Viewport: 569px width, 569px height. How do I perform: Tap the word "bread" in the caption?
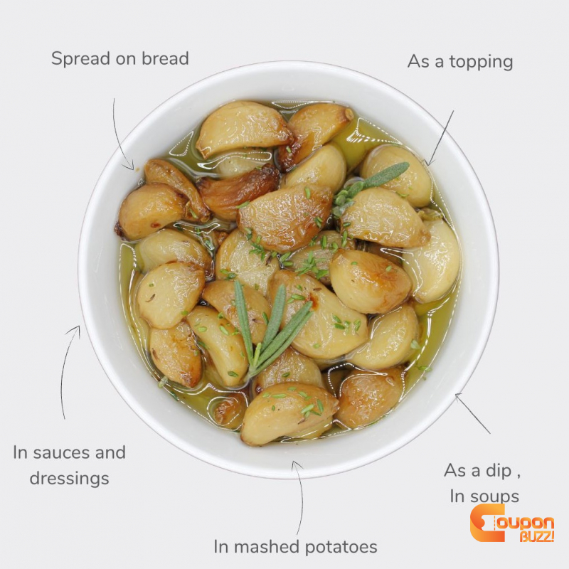click(165, 58)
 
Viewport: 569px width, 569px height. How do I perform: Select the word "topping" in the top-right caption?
click(482, 62)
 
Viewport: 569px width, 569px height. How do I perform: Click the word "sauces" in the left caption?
click(61, 452)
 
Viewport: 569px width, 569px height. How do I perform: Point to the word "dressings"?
click(69, 478)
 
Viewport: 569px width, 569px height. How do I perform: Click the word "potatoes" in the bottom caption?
click(341, 547)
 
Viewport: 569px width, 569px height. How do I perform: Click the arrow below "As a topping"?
click(440, 138)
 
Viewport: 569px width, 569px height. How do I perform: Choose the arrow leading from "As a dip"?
click(472, 413)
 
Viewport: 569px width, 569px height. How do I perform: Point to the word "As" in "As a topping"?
click(419, 61)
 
